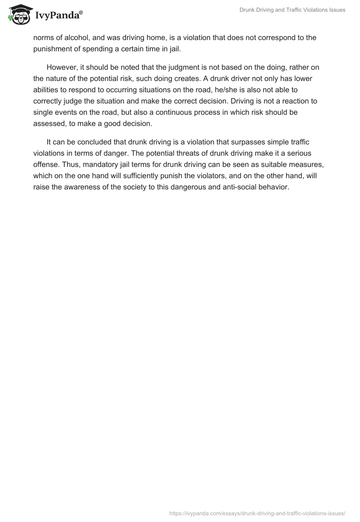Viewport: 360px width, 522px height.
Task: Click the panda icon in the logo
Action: [18, 14]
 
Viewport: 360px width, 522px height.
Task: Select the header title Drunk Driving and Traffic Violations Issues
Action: [292, 10]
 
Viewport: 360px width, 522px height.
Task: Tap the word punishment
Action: [54, 49]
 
